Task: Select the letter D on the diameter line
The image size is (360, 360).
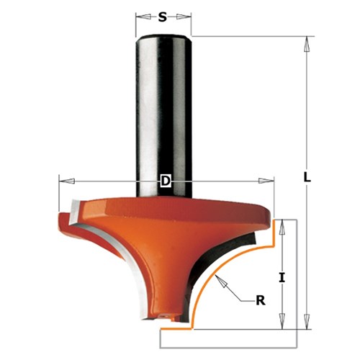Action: [165, 182]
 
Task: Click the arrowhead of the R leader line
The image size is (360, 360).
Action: [225, 283]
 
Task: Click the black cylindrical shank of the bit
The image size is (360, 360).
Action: [165, 108]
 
